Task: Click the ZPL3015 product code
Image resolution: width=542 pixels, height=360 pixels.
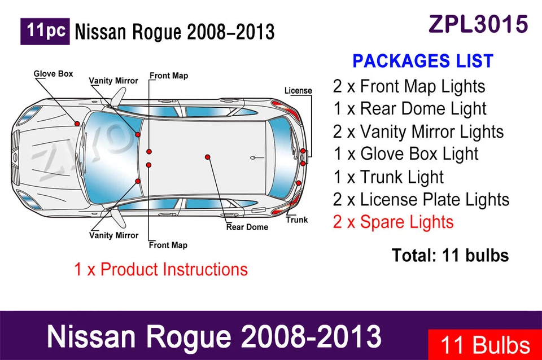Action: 478,24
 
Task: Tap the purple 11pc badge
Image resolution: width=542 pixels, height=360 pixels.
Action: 45,31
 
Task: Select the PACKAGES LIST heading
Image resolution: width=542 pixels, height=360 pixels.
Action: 423,61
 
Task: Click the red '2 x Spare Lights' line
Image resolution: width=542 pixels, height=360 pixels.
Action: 393,222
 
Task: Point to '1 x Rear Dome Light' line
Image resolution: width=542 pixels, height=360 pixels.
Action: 409,108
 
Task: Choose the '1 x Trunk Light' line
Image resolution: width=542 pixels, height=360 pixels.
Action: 388,177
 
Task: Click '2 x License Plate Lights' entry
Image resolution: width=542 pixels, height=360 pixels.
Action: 421,199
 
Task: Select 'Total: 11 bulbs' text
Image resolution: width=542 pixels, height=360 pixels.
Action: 450,255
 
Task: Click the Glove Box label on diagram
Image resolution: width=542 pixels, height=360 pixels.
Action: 53,74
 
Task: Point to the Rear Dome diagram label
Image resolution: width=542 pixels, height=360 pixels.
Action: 247,227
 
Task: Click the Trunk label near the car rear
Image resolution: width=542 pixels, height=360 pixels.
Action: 296,219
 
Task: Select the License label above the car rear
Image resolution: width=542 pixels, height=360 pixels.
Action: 298,90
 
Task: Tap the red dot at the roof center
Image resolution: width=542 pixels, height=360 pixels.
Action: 207,156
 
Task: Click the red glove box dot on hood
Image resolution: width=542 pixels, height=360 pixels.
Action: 77,123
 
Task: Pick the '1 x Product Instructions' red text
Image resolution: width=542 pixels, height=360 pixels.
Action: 161,269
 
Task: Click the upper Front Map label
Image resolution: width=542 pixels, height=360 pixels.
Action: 168,76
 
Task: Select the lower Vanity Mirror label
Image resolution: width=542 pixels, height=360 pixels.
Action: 113,235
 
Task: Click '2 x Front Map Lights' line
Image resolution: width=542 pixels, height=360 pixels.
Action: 409,86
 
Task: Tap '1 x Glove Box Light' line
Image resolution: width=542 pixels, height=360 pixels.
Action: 405,153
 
